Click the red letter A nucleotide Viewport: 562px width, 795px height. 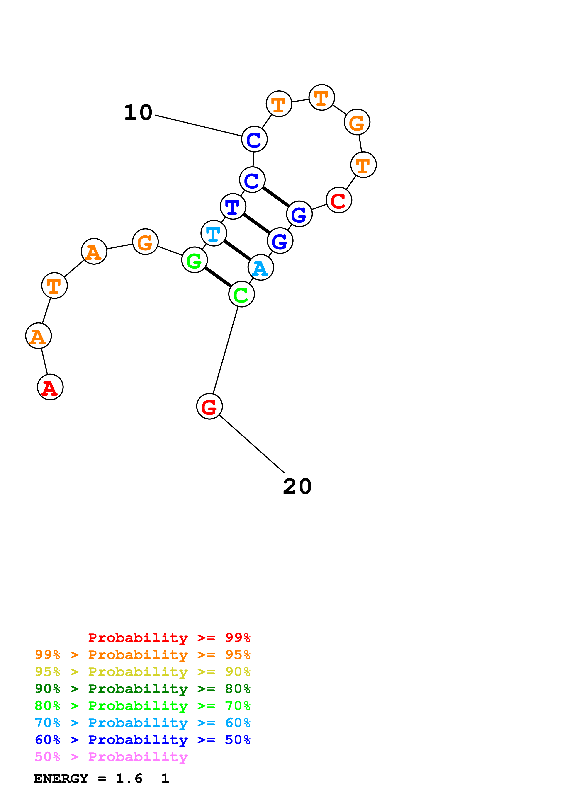click(50, 387)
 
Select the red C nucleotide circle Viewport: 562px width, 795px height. click(339, 200)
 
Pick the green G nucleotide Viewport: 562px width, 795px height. click(194, 260)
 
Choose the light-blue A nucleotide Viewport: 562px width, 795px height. click(261, 267)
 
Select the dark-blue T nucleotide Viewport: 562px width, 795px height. click(233, 206)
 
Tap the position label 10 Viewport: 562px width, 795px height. click(138, 113)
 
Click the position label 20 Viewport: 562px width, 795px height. click(297, 487)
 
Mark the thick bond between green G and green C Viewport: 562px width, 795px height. click(218, 277)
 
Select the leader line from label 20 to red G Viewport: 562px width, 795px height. click(252, 444)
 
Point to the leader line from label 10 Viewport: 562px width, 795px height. click(198, 125)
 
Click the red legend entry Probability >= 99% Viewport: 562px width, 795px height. click(169, 638)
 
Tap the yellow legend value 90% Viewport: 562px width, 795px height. click(238, 672)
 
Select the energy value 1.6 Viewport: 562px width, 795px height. click(129, 779)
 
